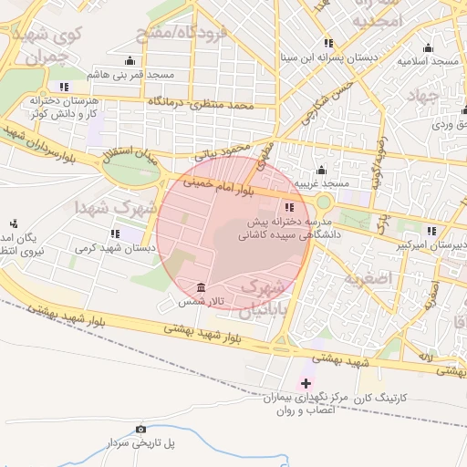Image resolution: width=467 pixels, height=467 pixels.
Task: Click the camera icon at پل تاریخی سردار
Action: tap(140, 429)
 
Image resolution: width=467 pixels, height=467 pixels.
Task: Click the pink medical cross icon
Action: tap(306, 383)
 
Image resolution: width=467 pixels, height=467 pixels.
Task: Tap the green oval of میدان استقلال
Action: tap(130, 171)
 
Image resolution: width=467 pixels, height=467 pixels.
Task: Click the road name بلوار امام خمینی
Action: tap(217, 188)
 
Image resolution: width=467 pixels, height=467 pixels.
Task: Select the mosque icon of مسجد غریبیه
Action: tap(320, 170)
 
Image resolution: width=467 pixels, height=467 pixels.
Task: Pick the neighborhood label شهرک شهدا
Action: tap(116, 205)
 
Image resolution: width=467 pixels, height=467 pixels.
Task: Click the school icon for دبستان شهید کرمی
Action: tap(115, 233)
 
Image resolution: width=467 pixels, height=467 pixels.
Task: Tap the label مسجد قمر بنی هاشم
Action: tap(125, 73)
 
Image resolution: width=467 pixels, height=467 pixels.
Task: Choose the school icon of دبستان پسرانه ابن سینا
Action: tap(328, 43)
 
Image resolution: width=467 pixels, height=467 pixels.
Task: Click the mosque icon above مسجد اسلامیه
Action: tap(427, 47)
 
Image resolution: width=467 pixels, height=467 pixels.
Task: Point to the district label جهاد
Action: tap(423, 97)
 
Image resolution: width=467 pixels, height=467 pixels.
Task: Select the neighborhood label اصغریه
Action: tap(394, 275)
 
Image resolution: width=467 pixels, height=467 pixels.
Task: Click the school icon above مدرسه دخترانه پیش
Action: tap(289, 207)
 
